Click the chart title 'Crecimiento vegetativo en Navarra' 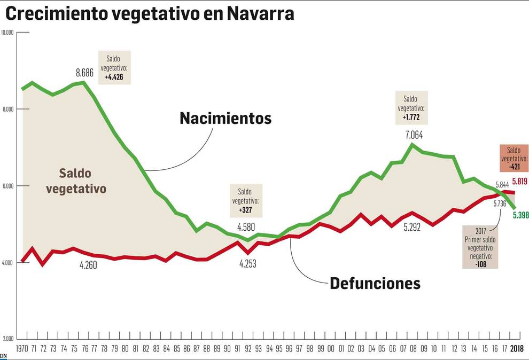pyautogui.click(x=150, y=14)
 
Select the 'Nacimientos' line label pyautogui.click(x=225, y=118)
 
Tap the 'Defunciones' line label pyautogui.click(x=375, y=283)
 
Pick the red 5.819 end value pyautogui.click(x=520, y=182)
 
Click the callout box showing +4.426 pyautogui.click(x=115, y=67)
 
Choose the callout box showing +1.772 pyautogui.click(x=411, y=108)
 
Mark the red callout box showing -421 pyautogui.click(x=514, y=158)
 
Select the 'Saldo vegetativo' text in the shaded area pyautogui.click(x=76, y=181)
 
